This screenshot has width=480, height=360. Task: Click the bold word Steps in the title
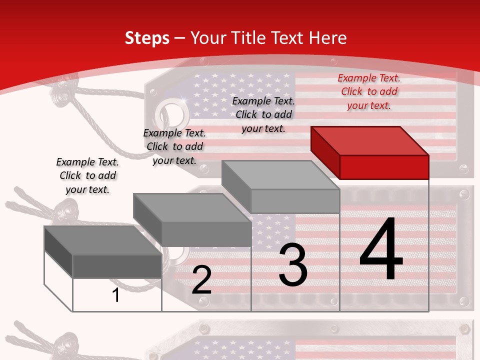(147, 38)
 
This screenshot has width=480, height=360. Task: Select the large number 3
(293, 265)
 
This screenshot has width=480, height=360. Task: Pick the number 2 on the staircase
(201, 280)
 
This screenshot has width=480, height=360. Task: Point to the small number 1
(116, 295)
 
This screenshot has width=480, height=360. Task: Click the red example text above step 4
(369, 91)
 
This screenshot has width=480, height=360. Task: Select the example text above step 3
(263, 114)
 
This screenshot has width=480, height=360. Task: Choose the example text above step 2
(174, 146)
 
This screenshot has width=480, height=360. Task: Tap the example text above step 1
(87, 175)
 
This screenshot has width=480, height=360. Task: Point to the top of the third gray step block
(280, 175)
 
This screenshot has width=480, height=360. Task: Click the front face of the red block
(384, 167)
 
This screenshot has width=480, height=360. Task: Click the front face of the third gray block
(295, 201)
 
